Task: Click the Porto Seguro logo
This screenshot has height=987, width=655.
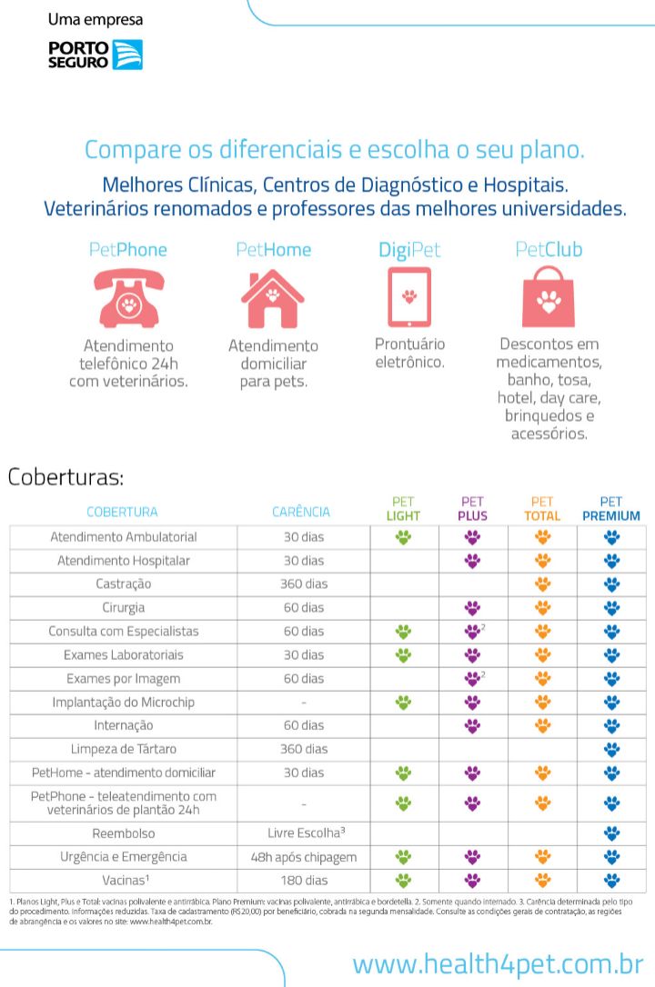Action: click(95, 55)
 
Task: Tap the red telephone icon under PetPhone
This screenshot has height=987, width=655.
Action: click(129, 298)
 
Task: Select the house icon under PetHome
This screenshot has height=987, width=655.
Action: click(273, 298)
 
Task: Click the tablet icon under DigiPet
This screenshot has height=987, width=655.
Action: click(409, 296)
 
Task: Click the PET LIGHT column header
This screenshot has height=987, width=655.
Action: click(403, 509)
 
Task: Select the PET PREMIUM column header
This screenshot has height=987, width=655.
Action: click(611, 509)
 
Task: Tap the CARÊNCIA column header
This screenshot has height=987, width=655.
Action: click(301, 512)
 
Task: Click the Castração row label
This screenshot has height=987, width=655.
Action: click(123, 583)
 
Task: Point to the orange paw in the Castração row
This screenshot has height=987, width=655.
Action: click(542, 583)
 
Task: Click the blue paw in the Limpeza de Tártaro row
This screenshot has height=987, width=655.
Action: click(611, 749)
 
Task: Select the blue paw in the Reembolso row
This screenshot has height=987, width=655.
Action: click(611, 832)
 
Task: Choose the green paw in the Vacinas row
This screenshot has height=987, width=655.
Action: click(403, 880)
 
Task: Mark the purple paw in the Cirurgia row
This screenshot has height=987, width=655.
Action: click(472, 607)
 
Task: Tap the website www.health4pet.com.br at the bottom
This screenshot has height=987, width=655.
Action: click(498, 963)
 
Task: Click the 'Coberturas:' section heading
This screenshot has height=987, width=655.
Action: click(65, 477)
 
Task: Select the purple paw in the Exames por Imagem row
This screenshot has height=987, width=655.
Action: click(471, 678)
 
